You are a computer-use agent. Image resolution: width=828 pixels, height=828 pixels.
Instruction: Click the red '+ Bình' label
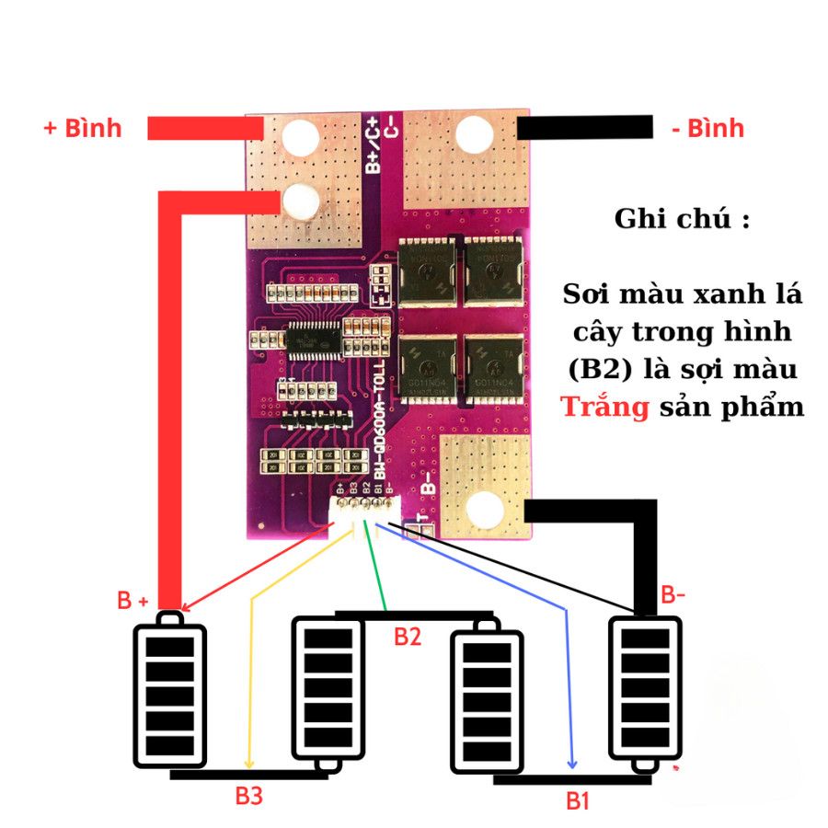coord(83,128)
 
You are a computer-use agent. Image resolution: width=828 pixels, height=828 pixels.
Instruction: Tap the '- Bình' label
coord(707,128)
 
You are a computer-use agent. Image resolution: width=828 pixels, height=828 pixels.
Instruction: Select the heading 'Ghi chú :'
coord(681,220)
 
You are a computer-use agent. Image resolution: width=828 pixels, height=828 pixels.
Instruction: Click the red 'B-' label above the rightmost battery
coord(673,595)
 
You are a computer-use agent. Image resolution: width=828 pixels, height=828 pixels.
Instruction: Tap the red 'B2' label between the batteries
coord(408,637)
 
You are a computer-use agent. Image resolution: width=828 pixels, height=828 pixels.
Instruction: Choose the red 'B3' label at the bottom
coord(248,796)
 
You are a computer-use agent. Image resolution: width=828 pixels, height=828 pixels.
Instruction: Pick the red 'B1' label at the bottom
coord(577,800)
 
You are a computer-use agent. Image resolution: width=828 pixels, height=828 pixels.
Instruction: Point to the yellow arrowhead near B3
coord(248,763)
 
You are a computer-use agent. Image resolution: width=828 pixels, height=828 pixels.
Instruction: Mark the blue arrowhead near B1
coord(574,763)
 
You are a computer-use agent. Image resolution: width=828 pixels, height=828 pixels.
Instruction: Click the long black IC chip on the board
coord(314,339)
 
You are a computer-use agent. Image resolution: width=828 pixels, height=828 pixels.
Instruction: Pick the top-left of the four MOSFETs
coord(428,273)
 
